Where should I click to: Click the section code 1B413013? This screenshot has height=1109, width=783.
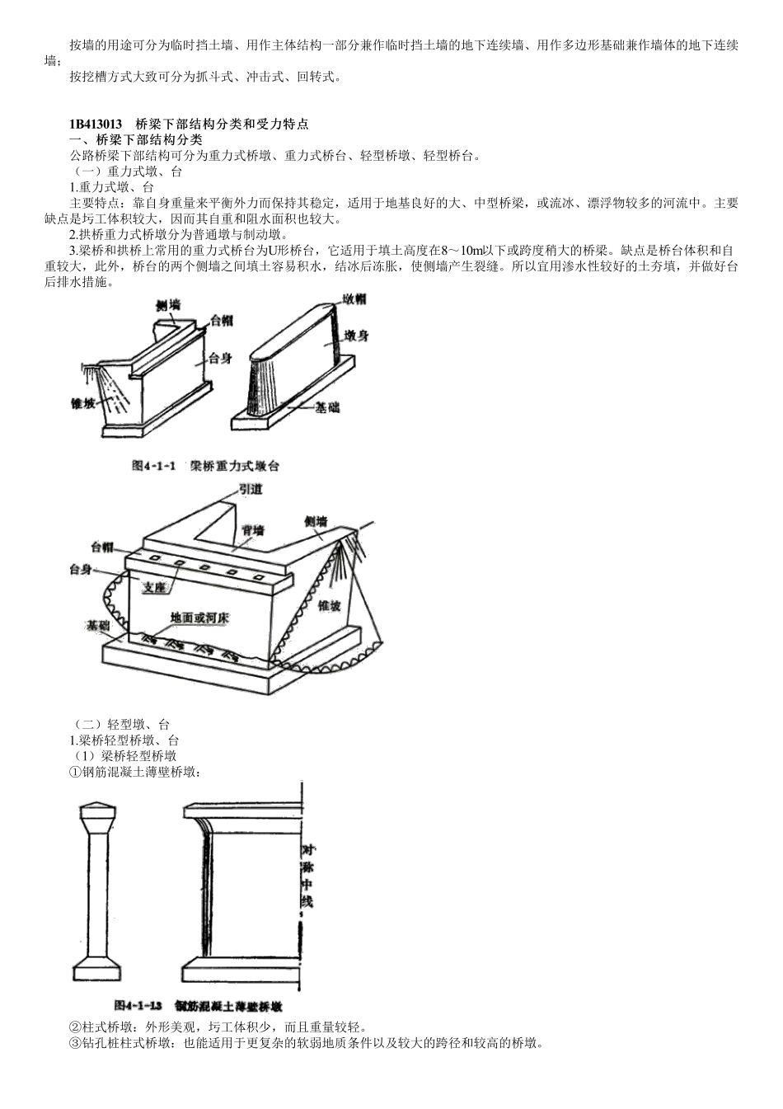click(x=96, y=125)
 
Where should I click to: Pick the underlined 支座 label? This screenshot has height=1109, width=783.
click(x=155, y=587)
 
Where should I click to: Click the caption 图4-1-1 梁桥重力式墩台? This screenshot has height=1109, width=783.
click(x=206, y=466)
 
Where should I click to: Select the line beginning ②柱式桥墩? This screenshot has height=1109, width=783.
click(x=218, y=1027)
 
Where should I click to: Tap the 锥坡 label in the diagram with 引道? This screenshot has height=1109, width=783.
click(x=329, y=606)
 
